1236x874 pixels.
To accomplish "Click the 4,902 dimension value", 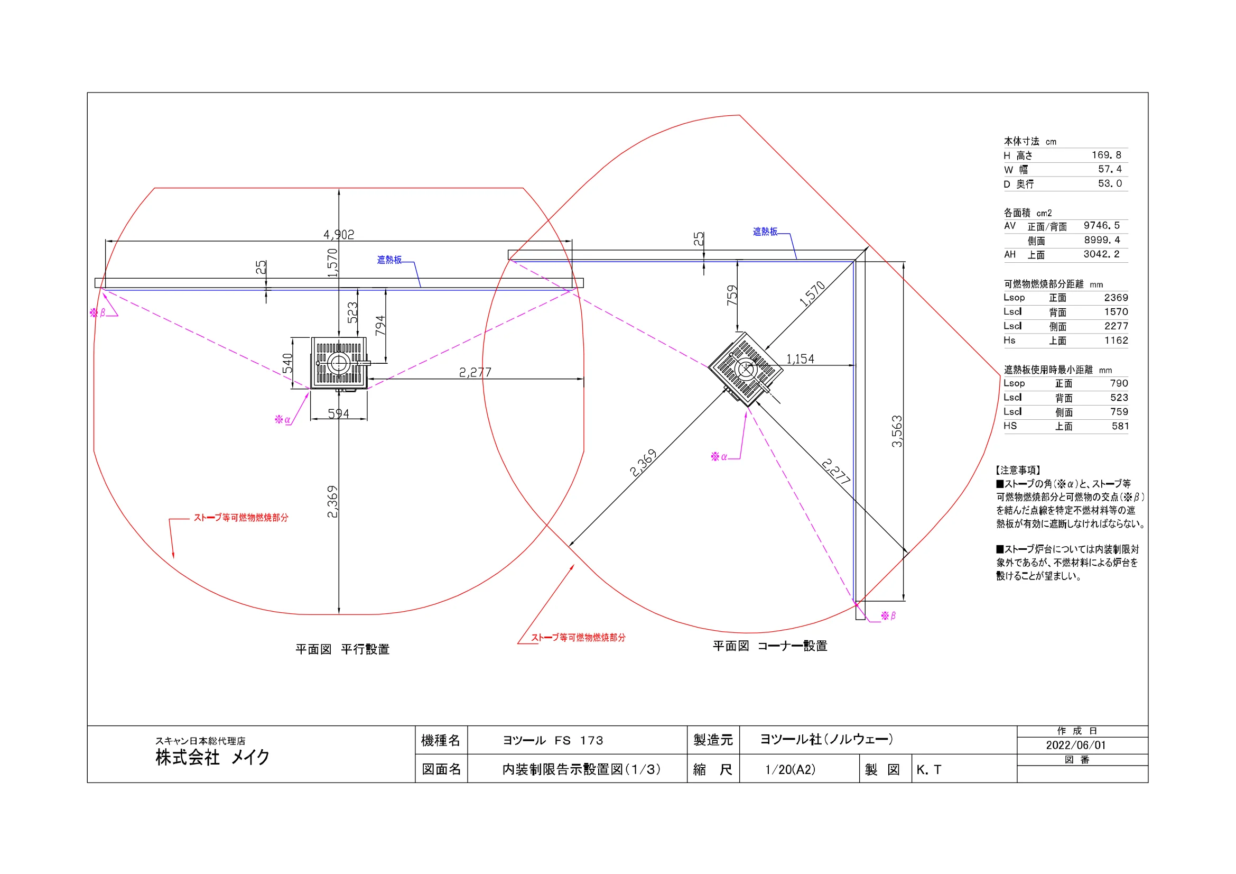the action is tap(339, 235).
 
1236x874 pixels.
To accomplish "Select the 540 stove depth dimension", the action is tap(288, 363).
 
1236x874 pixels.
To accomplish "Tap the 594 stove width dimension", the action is tap(339, 413).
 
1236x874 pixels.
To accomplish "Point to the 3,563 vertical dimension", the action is tap(896, 431).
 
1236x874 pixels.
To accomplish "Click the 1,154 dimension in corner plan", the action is tap(800, 358).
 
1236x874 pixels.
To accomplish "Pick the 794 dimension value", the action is tap(380, 325).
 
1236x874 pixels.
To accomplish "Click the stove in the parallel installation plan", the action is tap(339, 363).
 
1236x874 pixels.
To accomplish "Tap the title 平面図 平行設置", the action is tap(342, 649).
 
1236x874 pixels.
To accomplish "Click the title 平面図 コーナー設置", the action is tap(770, 646).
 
